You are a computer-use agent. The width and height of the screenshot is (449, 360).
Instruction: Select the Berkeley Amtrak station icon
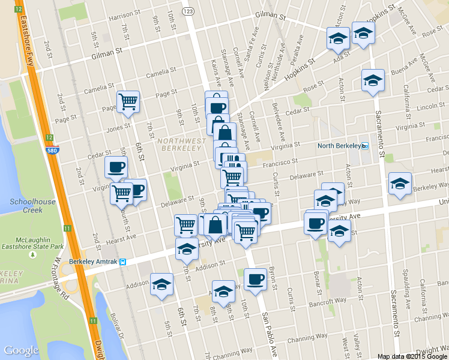pyautogui.click(x=122, y=262)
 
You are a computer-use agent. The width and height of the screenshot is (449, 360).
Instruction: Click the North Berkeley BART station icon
pyautogui.click(x=364, y=146)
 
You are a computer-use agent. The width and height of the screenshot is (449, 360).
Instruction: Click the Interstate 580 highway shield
pyautogui.click(x=53, y=150)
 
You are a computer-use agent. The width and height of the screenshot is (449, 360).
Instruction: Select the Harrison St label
pyautogui.click(x=124, y=19)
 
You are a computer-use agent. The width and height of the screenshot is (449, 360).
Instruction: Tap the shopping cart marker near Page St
pyautogui.click(x=128, y=102)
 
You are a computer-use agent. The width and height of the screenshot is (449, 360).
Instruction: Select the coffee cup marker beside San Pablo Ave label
pyautogui.click(x=255, y=280)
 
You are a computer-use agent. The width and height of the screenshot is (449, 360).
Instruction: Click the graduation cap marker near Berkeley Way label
pyautogui.click(x=400, y=184)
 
